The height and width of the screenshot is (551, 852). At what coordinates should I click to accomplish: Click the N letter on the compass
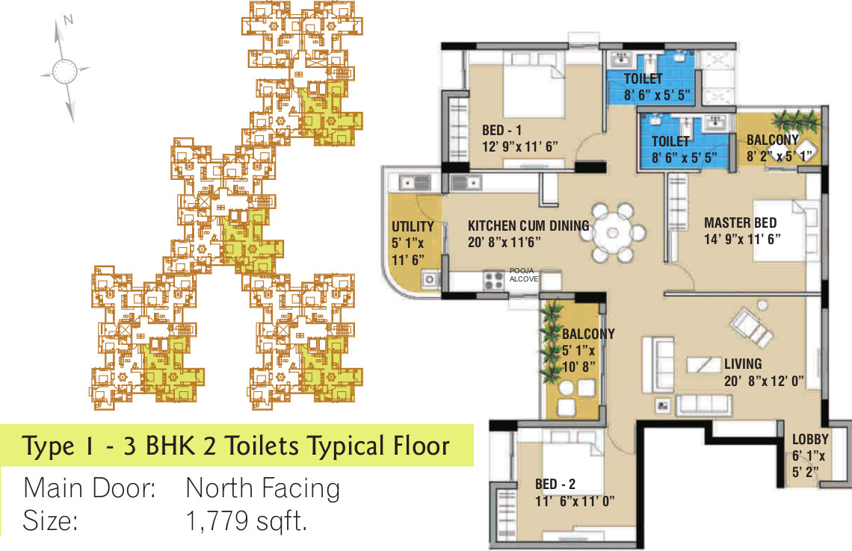[x=68, y=21]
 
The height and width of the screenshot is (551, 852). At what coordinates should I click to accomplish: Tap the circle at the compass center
[x=64, y=72]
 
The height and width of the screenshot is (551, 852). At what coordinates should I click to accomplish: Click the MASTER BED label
[x=740, y=222]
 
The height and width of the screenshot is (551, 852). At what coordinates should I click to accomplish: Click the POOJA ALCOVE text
[x=523, y=274]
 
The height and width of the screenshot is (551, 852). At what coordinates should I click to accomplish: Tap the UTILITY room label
[x=413, y=227]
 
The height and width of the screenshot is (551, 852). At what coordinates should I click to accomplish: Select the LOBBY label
[x=810, y=439]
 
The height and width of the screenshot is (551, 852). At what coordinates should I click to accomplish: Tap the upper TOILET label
[x=643, y=79]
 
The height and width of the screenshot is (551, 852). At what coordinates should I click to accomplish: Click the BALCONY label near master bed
[x=772, y=140]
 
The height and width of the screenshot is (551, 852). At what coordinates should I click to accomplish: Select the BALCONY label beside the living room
[x=588, y=334]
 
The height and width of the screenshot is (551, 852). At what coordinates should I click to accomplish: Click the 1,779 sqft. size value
[x=247, y=520]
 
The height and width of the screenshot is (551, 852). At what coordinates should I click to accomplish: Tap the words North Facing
[x=262, y=488]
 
